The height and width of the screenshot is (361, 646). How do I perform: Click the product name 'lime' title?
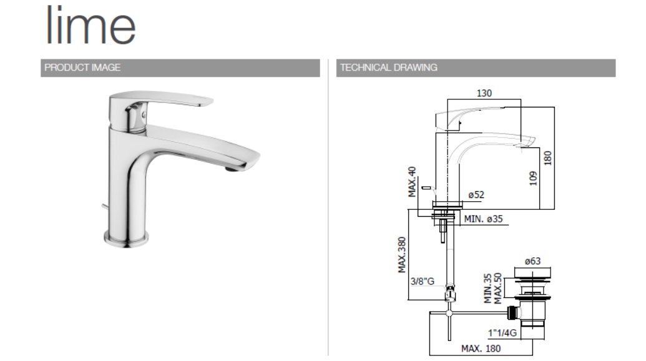coord(91,25)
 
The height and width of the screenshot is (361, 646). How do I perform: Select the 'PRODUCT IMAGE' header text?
coord(82,67)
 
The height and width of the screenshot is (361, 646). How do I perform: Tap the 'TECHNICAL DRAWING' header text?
coord(388,67)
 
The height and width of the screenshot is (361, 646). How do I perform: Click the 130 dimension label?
coord(484,93)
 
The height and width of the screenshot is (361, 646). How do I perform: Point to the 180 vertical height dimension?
coord(547,158)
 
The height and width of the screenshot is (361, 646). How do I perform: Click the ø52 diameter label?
coord(476,194)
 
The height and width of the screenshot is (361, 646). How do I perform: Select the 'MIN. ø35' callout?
coord(483,219)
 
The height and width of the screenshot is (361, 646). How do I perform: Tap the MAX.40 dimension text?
coord(412,182)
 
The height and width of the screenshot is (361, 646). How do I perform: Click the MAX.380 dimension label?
coord(402,255)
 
